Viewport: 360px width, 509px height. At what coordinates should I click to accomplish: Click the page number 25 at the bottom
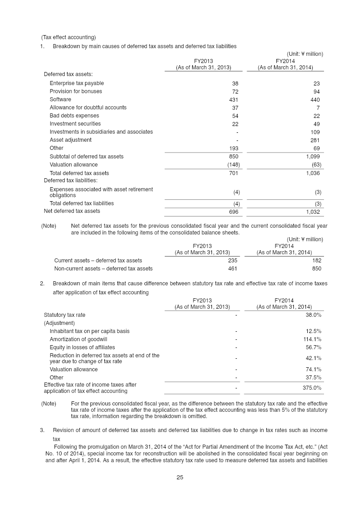[x=180, y=477]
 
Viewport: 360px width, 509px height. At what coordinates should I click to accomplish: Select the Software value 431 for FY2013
[x=234, y=99]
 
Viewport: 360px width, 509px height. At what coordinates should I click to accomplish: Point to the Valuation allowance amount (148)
[x=233, y=165]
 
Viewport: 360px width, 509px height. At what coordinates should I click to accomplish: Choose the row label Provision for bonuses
[x=76, y=91]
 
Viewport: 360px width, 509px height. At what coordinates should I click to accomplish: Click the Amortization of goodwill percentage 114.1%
[x=312, y=339]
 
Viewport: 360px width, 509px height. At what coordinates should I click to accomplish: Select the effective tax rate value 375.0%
[x=312, y=387]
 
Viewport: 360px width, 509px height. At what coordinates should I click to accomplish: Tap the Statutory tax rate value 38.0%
[x=313, y=315]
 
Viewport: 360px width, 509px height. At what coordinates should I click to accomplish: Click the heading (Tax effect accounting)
[x=68, y=37]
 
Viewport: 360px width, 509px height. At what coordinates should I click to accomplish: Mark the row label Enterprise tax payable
[x=76, y=83]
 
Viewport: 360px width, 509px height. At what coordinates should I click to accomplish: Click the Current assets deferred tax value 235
[x=233, y=261]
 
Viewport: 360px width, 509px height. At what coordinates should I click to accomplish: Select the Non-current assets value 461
[x=233, y=269]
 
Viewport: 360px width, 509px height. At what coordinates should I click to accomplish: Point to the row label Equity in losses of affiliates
[x=82, y=347]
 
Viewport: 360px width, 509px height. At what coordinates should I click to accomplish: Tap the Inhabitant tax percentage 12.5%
[x=313, y=331]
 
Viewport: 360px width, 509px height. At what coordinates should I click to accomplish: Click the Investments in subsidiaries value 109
[x=315, y=132]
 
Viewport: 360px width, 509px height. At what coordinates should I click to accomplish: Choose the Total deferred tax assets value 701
[x=234, y=173]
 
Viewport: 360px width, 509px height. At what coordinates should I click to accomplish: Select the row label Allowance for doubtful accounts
[x=88, y=108]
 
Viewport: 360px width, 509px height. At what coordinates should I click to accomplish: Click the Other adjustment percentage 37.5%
[x=313, y=378]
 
